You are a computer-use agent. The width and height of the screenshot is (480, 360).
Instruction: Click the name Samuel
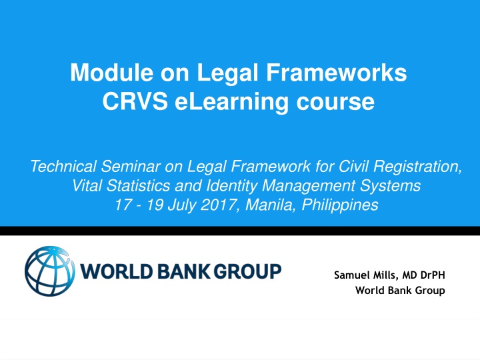pyautogui.click(x=351, y=275)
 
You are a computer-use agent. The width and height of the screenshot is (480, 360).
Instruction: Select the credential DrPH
pyautogui.click(x=429, y=275)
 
